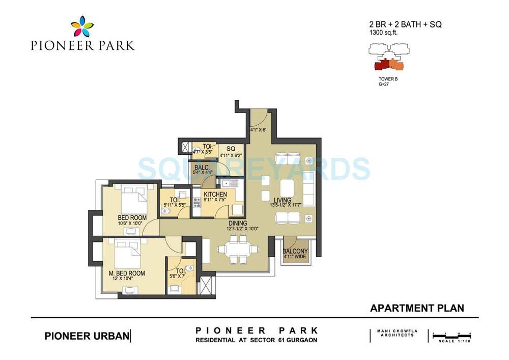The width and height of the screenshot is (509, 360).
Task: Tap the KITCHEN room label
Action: (215, 195)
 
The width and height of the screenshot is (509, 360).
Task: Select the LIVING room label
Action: (281, 200)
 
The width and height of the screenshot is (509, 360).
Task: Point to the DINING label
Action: (238, 223)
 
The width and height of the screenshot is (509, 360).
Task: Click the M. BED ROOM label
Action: (127, 273)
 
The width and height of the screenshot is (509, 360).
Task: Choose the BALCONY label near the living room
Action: (295, 252)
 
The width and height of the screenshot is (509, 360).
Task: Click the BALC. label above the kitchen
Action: (200, 167)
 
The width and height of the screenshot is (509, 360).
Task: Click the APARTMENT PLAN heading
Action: (417, 308)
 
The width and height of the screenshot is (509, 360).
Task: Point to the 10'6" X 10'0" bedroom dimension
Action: (132, 223)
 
